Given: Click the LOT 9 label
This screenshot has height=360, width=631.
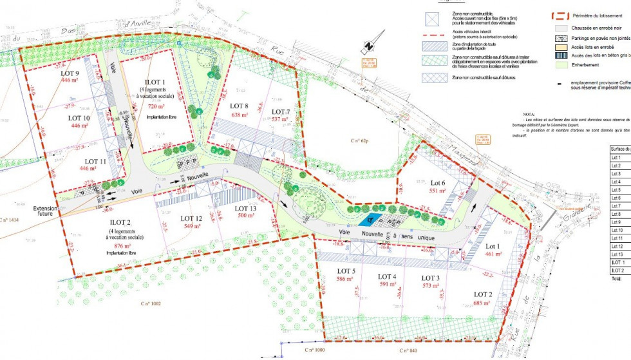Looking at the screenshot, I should pos(68,73).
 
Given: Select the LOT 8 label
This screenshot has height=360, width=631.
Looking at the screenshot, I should pos(238,106).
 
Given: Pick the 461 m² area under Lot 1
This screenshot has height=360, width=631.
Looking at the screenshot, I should pos(493,254).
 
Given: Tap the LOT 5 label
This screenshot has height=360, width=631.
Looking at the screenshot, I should pos(346,271).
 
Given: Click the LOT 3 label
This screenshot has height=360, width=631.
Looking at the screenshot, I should pos(431,278).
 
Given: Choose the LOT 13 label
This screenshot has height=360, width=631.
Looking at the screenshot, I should pos(245,208).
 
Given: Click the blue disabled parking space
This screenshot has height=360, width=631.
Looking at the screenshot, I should pos(365,220).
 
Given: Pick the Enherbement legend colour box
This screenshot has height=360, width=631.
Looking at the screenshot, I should pos(562,64).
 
